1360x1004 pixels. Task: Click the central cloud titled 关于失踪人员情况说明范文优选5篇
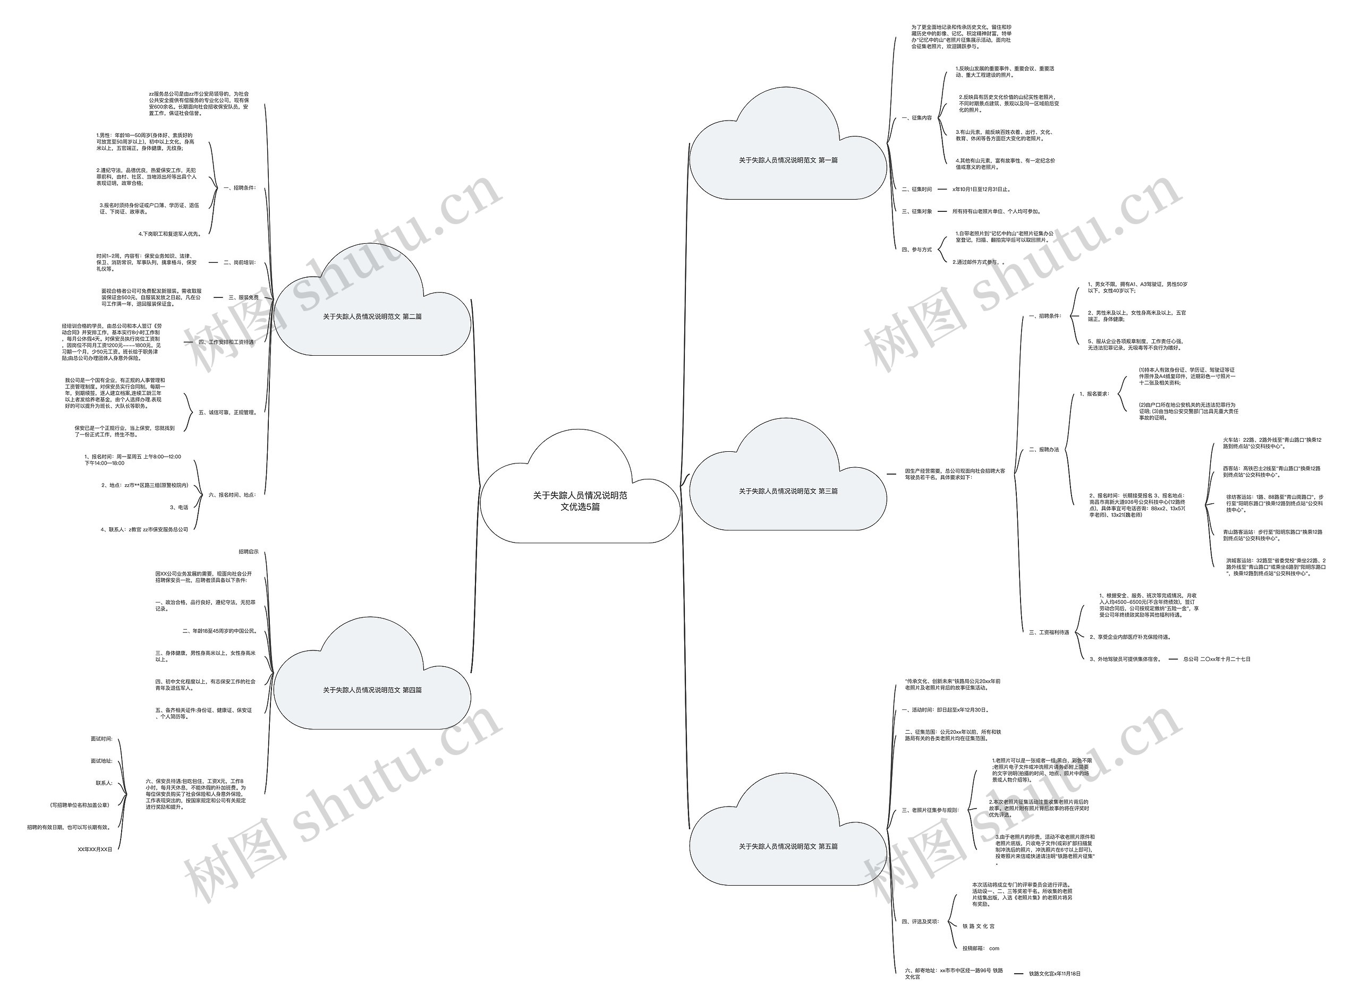pos(580,501)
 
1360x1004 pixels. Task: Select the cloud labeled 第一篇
pos(788,160)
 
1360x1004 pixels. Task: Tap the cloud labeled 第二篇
pos(372,316)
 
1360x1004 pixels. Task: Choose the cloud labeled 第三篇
pos(788,491)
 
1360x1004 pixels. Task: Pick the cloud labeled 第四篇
pos(372,690)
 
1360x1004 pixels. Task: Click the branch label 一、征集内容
pos(917,118)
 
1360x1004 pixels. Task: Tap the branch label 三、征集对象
pos(917,211)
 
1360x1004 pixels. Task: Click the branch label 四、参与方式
pos(917,250)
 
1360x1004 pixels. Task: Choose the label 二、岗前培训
pos(240,262)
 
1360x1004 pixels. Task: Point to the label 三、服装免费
pos(243,298)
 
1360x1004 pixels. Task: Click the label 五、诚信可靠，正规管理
pos(228,413)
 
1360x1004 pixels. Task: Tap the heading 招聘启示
pos(248,552)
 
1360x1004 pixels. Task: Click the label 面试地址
pos(101,761)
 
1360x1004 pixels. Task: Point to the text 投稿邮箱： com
pos(981,948)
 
